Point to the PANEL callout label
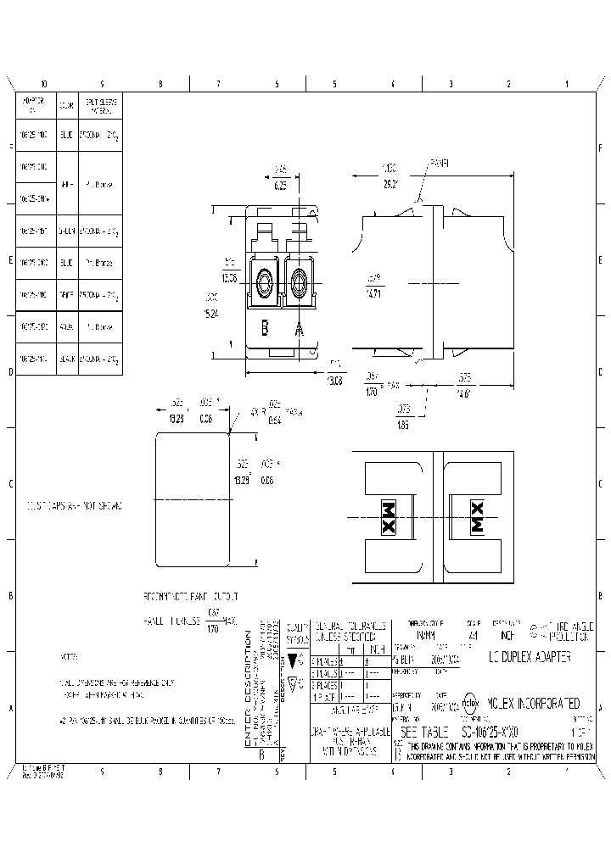tap(440, 162)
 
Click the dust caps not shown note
tap(75, 506)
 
